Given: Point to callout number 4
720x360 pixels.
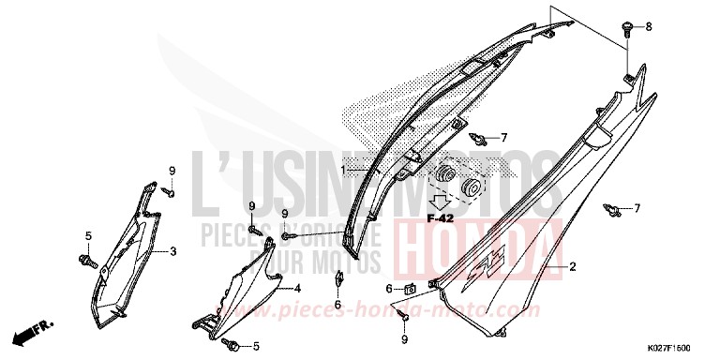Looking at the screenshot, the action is tap(297, 288).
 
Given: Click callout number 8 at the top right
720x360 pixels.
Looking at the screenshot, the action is tap(646, 28).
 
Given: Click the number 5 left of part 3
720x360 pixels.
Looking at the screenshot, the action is tap(88, 235).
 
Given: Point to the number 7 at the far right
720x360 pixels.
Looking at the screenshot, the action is tap(637, 207).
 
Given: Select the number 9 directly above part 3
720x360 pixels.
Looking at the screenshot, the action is tap(172, 171).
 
